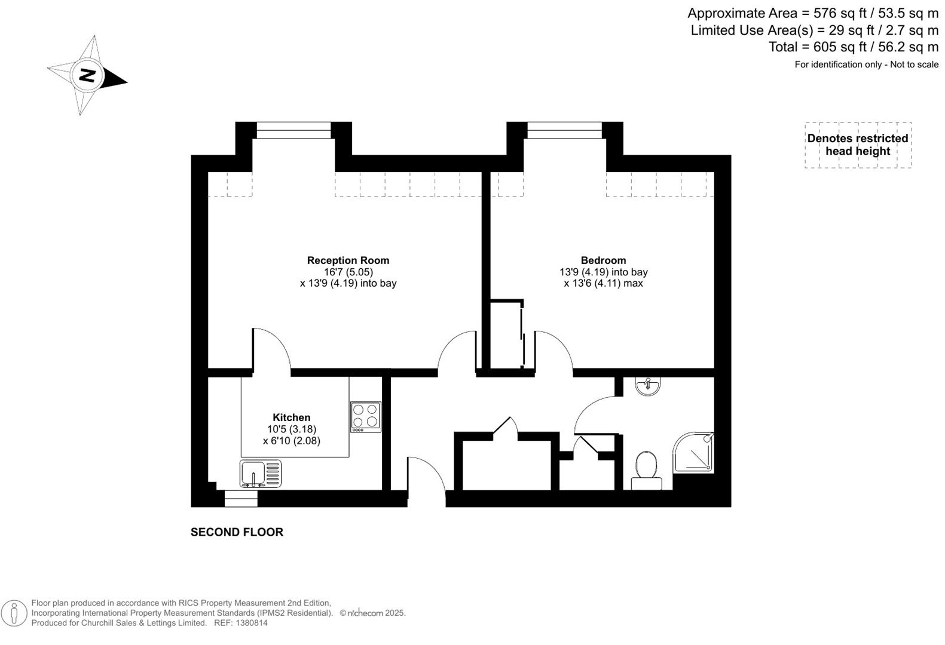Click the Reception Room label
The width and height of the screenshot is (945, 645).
click(x=348, y=260)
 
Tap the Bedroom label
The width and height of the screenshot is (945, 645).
click(x=603, y=260)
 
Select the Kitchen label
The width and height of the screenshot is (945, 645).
click(x=292, y=417)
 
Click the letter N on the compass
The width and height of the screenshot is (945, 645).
click(x=87, y=75)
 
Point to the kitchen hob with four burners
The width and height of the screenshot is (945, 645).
click(x=366, y=417)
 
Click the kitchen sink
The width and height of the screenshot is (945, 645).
click(x=260, y=474)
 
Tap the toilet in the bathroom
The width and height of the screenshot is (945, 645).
click(x=646, y=471)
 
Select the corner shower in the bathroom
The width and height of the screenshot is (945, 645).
click(x=693, y=452)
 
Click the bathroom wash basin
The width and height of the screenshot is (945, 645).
click(x=647, y=386)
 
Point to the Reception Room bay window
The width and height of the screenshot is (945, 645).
click(x=293, y=130)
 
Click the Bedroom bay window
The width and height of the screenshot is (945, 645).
click(x=564, y=130)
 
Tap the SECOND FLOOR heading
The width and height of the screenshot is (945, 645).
click(x=237, y=532)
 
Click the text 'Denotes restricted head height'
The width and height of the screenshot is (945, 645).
click(x=858, y=145)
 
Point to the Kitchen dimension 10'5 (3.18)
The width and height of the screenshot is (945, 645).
click(x=292, y=429)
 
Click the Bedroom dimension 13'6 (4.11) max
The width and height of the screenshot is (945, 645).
click(x=603, y=283)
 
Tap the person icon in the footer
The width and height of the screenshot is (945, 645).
click(x=14, y=613)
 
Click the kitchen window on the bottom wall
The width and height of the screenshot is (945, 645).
click(x=241, y=498)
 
